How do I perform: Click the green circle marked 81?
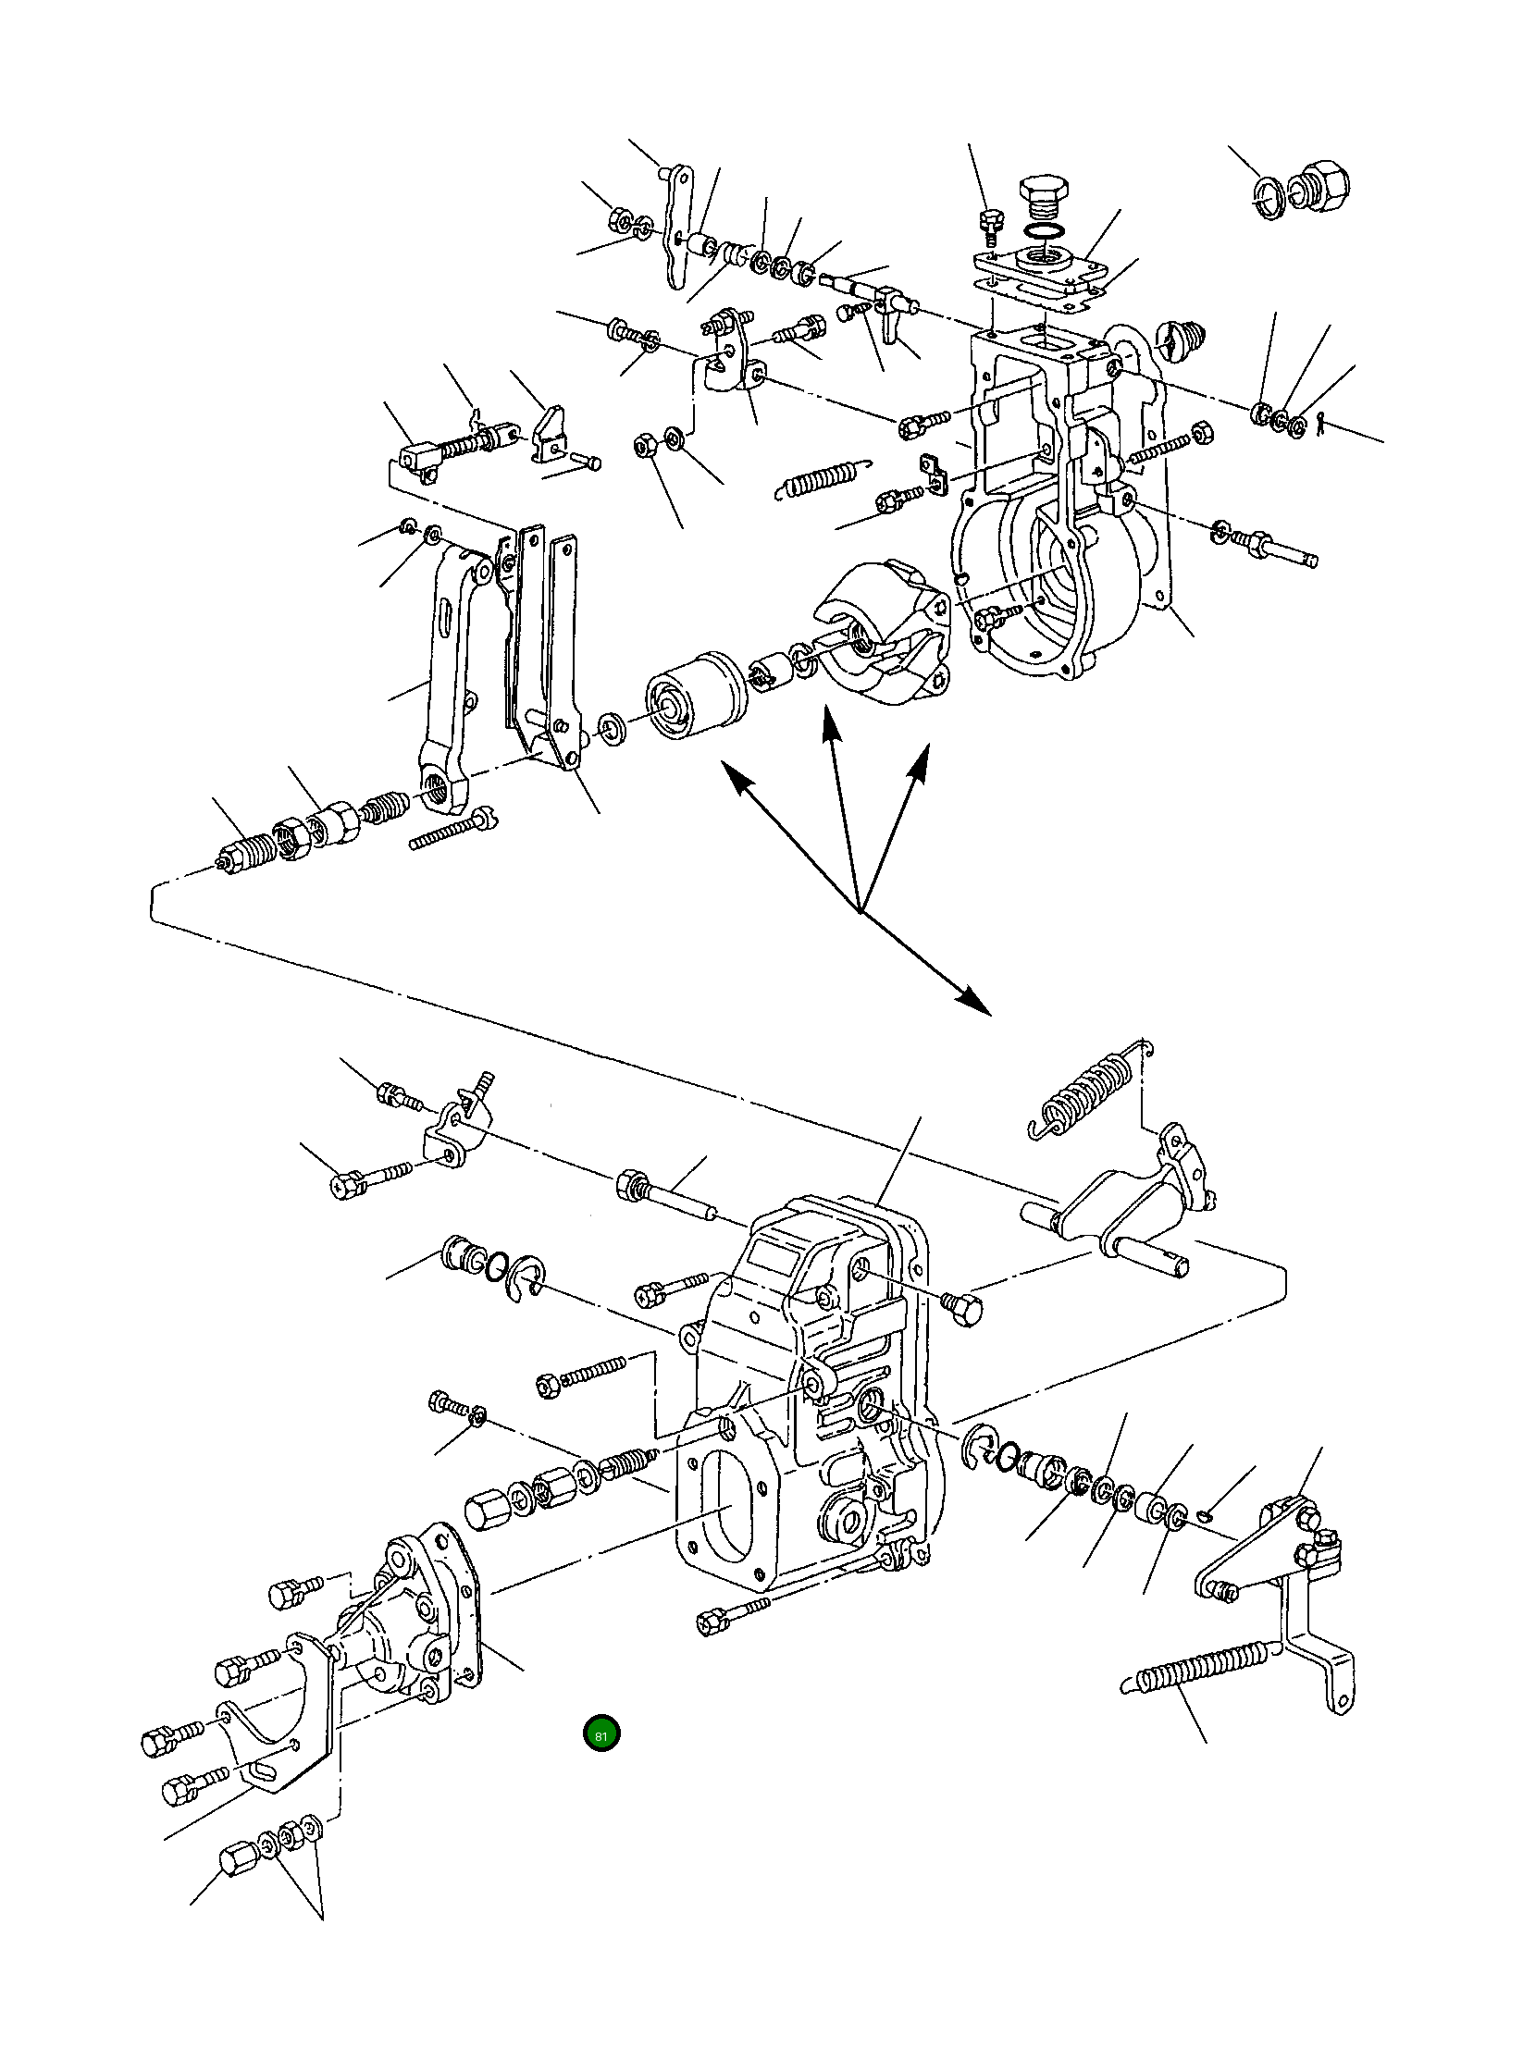coord(601,1734)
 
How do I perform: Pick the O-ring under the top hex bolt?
coord(1044,230)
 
